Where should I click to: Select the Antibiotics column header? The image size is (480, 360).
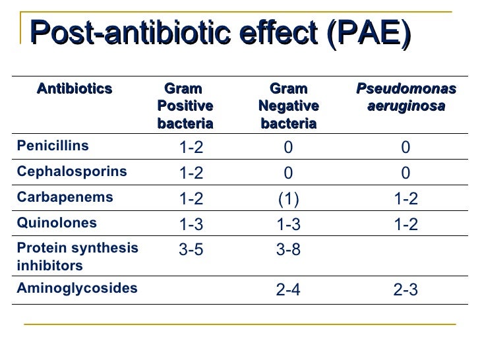(x=75, y=89)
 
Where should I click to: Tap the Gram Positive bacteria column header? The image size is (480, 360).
(x=185, y=105)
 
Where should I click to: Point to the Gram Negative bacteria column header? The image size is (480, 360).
(x=288, y=105)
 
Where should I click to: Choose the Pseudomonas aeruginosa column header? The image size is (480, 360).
(x=405, y=98)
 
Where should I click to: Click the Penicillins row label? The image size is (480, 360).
(x=53, y=146)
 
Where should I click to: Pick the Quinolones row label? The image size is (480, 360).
(x=57, y=222)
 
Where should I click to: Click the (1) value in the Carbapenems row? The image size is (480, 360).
(x=288, y=198)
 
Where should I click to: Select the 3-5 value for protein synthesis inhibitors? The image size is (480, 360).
(x=191, y=249)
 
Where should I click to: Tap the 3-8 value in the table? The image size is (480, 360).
(x=288, y=249)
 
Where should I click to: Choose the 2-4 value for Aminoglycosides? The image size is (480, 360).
(x=288, y=290)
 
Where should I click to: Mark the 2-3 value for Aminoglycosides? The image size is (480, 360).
(x=405, y=290)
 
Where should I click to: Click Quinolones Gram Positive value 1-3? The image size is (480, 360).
(x=191, y=224)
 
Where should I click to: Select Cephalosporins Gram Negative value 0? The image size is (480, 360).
(x=288, y=173)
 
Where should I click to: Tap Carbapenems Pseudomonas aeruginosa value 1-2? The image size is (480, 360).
(x=405, y=198)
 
